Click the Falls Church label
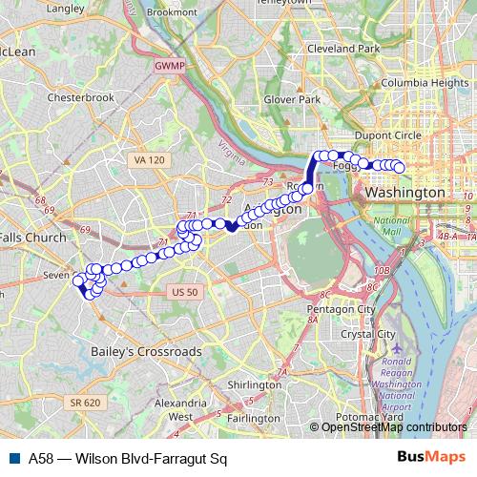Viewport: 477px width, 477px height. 32,238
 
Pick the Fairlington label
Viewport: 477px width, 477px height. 254,418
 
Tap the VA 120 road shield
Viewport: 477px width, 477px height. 150,159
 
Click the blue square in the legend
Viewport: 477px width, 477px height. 13,457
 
